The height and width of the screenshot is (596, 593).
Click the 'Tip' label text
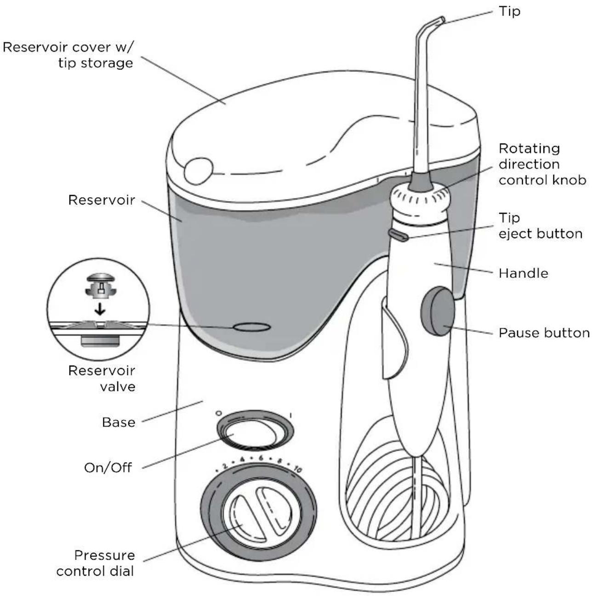coord(509,11)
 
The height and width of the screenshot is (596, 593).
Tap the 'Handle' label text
coord(523,273)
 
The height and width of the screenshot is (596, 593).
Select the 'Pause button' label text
coord(544,332)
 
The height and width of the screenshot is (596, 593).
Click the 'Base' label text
coord(119,422)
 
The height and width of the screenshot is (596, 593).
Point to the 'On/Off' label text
coord(108,468)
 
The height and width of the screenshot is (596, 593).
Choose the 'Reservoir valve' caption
coord(102,378)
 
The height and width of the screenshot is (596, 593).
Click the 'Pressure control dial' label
coord(96,563)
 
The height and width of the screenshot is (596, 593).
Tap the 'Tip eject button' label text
coord(540,226)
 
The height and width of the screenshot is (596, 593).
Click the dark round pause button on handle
coord(437,311)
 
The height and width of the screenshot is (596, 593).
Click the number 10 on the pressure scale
coord(297,470)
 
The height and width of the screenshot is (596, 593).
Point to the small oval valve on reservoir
coord(251,327)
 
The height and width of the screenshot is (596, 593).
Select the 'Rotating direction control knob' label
coord(542,164)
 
